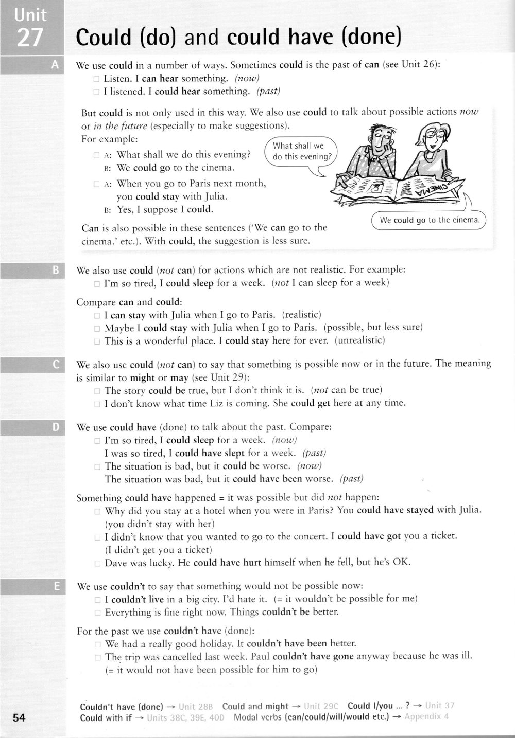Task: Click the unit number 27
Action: [29, 37]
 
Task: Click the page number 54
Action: [19, 717]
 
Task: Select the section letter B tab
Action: [55, 269]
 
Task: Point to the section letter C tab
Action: [55, 365]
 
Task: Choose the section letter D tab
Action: [55, 426]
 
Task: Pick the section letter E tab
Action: [55, 586]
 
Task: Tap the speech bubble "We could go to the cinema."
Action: [429, 220]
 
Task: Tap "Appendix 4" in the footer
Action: [426, 717]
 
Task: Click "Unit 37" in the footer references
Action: [440, 706]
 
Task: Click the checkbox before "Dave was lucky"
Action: [97, 563]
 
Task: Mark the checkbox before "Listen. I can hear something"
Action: [96, 79]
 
